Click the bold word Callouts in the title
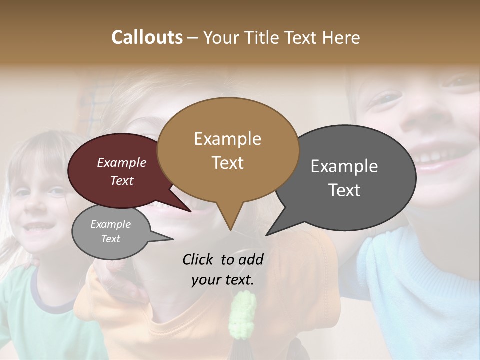(x=147, y=37)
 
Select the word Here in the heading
(x=341, y=37)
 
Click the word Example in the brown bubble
(x=228, y=139)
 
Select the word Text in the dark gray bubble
(x=344, y=190)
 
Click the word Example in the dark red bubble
(x=121, y=162)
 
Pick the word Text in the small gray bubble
(x=111, y=239)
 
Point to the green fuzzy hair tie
(x=242, y=315)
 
